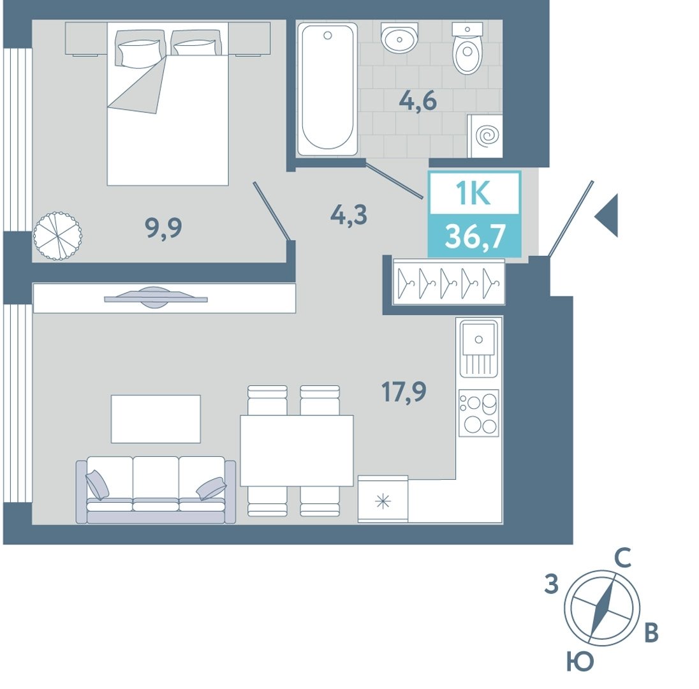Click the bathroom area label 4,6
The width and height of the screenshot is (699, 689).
pos(418,101)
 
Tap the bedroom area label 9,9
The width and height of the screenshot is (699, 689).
pos(164,228)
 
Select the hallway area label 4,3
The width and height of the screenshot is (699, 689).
pos(349,214)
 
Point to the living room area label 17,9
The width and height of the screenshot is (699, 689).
pos(404,391)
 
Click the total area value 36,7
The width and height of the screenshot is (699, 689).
pos(475,236)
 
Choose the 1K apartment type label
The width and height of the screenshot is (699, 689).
pos(473,193)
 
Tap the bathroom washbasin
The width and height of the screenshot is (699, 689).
pos(400,38)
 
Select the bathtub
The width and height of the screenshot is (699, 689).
pos(328,89)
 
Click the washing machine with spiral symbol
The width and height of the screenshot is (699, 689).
pos(485,136)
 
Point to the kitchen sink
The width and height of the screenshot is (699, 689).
pos(479,348)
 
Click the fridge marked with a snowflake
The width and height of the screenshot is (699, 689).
pos(383,499)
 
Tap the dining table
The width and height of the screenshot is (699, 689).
pos(297,450)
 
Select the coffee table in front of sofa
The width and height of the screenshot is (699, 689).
pos(156,419)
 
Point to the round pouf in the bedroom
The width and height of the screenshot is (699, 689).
pos(57,236)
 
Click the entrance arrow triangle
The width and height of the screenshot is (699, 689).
pos(607,216)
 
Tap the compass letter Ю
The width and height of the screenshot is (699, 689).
pos(580,662)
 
